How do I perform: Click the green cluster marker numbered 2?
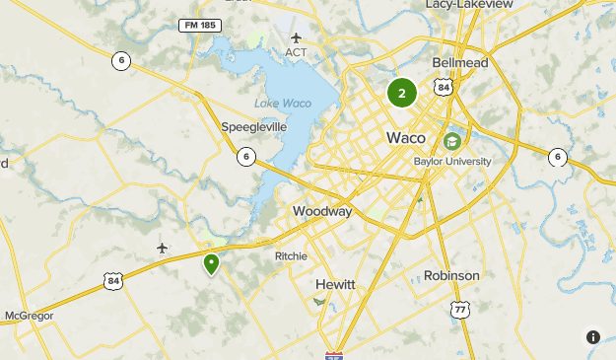coord(402,94)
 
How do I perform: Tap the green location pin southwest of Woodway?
coord(211,264)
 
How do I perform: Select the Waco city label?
coord(406,137)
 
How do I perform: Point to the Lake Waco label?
coord(282,103)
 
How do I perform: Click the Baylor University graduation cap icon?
coord(452,141)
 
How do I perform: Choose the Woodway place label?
coord(322,212)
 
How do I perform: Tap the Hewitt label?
coord(335,284)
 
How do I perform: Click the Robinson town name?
coord(451,275)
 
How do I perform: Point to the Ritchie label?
coord(291,255)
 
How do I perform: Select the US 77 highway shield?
coord(459,310)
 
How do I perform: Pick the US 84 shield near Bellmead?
coord(445,88)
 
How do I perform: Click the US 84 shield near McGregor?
coord(113,282)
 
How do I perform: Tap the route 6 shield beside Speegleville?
coord(245,156)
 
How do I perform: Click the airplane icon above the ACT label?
coord(296,37)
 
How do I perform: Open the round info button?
coord(593,337)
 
